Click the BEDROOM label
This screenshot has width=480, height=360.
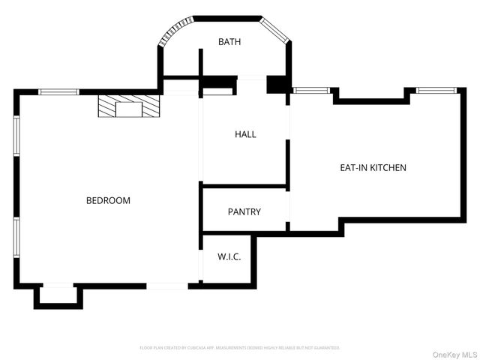108,200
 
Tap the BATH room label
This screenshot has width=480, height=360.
229,42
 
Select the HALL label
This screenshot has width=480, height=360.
245,134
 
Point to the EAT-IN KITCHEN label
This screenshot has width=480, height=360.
373,167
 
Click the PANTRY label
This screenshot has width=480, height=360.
244,211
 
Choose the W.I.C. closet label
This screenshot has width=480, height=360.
229,257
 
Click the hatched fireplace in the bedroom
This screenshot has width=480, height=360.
129,106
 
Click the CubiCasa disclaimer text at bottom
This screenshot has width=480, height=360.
240,348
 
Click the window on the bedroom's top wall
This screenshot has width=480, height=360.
58,92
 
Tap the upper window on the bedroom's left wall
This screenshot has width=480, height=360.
16,136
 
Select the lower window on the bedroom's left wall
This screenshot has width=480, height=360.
16,235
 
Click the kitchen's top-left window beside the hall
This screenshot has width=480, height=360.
310,91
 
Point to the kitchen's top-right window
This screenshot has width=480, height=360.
436,91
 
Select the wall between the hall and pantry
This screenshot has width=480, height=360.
244,185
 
